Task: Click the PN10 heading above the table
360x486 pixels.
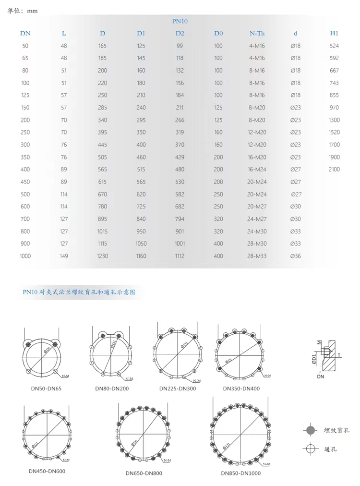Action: (180, 21)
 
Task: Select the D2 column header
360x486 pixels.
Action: (180, 33)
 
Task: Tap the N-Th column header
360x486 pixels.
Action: (257, 33)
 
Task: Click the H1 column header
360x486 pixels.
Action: (334, 33)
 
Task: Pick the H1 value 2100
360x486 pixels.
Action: (334, 169)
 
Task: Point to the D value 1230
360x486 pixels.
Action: (103, 256)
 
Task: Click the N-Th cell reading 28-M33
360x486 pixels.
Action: (257, 256)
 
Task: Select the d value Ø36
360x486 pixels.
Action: (296, 256)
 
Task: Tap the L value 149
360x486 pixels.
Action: (64, 256)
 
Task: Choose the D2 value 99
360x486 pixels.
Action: (180, 46)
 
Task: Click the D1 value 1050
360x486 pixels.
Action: (141, 243)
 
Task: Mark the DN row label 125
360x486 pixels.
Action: (25, 95)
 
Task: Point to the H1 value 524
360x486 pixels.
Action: (334, 46)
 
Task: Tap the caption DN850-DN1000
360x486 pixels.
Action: (241, 473)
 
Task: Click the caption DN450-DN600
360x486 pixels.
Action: (47, 471)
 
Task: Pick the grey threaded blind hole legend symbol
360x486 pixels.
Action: (311, 430)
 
